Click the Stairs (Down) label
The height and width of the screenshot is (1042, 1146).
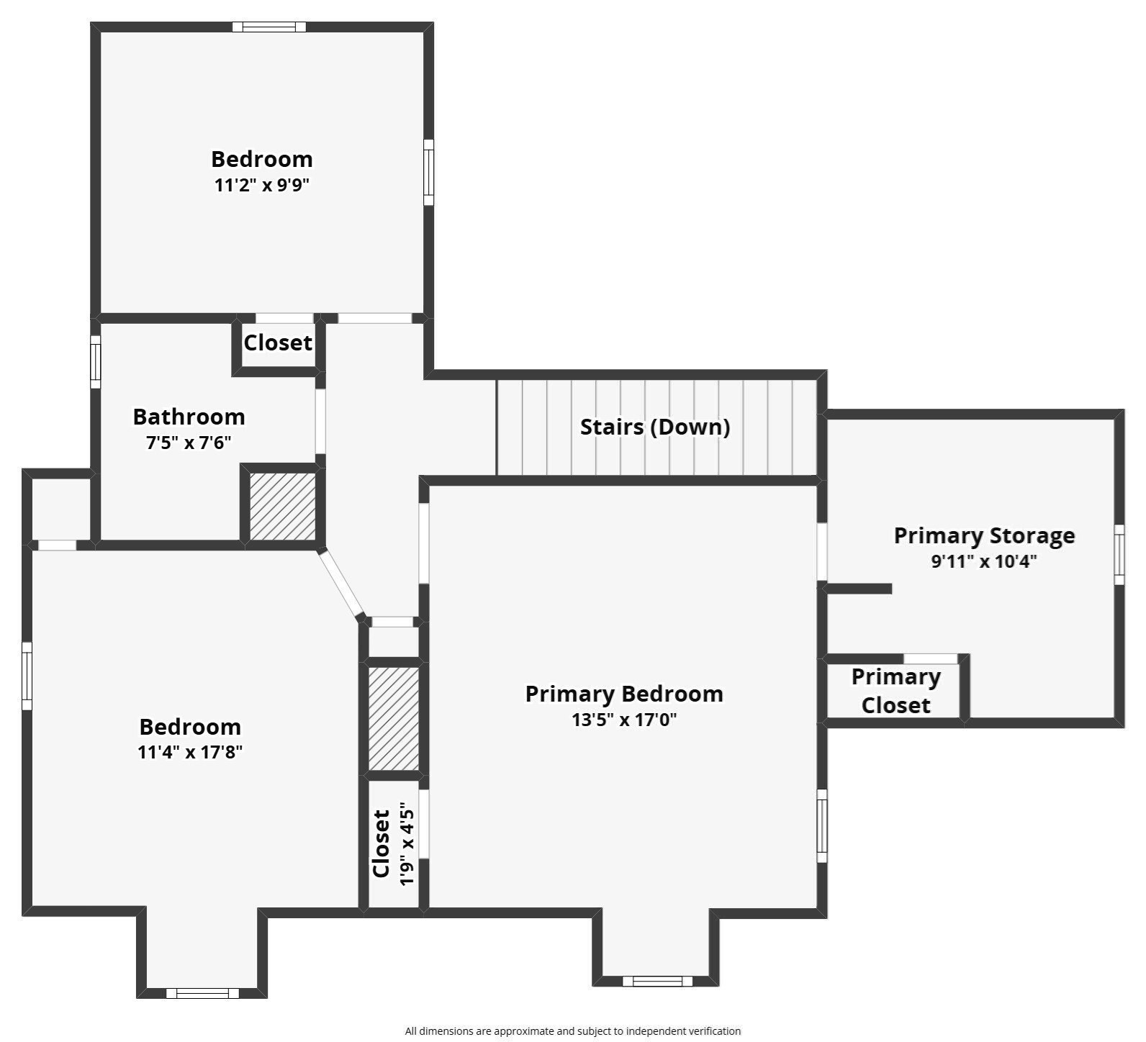pos(655,427)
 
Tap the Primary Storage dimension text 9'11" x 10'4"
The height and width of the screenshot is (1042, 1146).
pos(984,561)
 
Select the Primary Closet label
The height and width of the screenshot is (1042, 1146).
pos(895,691)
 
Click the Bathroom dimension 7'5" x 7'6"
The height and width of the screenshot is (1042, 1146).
pos(189,443)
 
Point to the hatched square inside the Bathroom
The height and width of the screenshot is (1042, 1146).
pos(282,506)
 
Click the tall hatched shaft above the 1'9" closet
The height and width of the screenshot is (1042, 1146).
pos(394,719)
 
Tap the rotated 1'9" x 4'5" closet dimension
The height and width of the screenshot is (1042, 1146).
pos(407,844)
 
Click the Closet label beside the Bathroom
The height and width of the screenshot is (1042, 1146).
pos(278,343)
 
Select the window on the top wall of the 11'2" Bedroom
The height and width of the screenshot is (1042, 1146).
pos(269,27)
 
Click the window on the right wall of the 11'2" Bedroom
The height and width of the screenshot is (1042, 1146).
pos(428,172)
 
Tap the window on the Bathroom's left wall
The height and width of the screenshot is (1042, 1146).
pos(95,362)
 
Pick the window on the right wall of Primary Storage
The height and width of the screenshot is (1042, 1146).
pos(1119,554)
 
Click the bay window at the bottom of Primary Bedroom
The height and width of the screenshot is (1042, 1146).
pos(657,981)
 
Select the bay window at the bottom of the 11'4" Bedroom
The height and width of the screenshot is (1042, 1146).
pos(202,993)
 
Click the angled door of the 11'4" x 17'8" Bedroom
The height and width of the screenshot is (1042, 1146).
pos(341,584)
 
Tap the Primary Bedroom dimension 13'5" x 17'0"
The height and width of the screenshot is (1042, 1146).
pos(624,720)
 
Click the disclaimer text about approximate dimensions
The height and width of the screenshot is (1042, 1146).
pos(572,1031)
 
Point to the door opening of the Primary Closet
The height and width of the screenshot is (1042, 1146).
pos(930,658)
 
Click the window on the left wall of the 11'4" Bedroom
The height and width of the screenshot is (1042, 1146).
pos(27,676)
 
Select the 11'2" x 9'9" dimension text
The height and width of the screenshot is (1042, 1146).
pos(262,185)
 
